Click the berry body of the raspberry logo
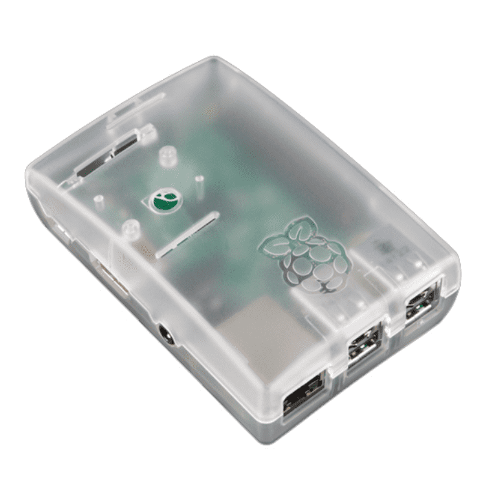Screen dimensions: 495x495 click(311, 264)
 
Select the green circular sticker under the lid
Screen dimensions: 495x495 click(164, 200)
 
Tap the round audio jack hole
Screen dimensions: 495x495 click(167, 336)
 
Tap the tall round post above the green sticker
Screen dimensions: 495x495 click(166, 157)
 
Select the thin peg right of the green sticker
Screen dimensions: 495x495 click(199, 184)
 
